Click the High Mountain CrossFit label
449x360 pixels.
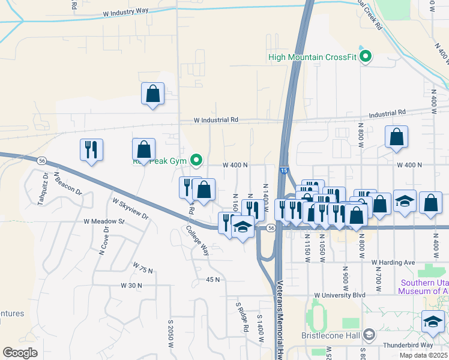[313, 58]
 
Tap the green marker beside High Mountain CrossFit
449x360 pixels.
[364, 58]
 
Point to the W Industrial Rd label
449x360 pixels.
[216, 120]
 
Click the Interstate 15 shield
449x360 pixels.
[282, 171]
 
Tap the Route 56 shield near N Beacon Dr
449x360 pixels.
[41, 161]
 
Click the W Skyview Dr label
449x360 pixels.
[130, 208]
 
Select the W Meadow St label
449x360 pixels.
[103, 221]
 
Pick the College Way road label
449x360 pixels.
[197, 241]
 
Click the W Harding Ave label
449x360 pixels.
[393, 263]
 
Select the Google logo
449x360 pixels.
[20, 353]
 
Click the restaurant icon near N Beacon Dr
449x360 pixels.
[91, 150]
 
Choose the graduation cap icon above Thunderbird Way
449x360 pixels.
[433, 322]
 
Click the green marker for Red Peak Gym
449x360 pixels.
[196, 160]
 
